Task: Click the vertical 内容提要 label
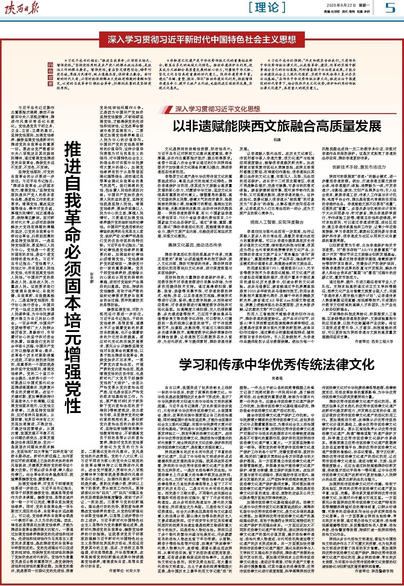(50, 75)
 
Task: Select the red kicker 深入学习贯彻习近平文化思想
(218, 109)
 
